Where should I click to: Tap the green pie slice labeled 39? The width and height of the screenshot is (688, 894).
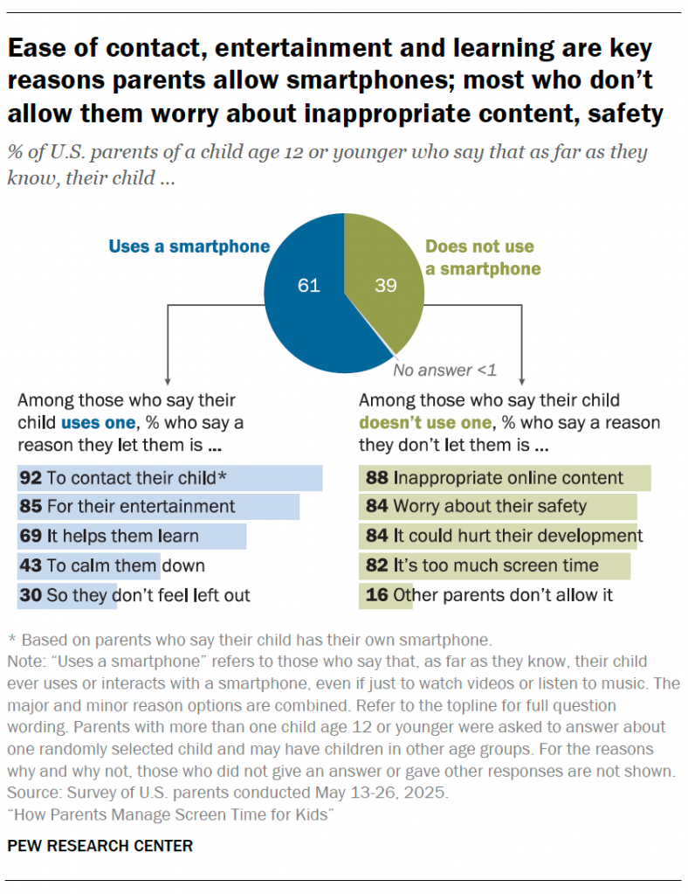(x=384, y=280)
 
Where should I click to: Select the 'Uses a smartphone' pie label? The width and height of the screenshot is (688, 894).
(x=189, y=246)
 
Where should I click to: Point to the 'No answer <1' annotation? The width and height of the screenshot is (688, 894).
(x=444, y=370)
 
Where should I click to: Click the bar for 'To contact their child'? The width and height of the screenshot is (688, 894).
(x=170, y=477)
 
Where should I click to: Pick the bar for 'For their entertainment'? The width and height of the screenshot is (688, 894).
(x=158, y=507)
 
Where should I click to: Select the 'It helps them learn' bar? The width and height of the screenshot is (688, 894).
(x=131, y=537)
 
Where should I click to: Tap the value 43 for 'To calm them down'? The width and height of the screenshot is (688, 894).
(x=31, y=565)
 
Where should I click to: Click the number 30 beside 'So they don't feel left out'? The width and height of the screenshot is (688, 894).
(x=31, y=595)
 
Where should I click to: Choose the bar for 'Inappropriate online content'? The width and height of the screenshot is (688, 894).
(x=505, y=477)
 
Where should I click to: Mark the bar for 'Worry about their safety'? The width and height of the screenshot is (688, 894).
(x=498, y=507)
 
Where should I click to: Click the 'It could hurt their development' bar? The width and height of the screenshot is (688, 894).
(x=498, y=537)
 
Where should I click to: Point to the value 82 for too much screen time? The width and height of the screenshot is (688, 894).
(x=376, y=565)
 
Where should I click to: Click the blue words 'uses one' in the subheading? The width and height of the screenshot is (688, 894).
(x=97, y=423)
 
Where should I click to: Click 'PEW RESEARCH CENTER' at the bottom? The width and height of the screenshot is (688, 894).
(x=100, y=846)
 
